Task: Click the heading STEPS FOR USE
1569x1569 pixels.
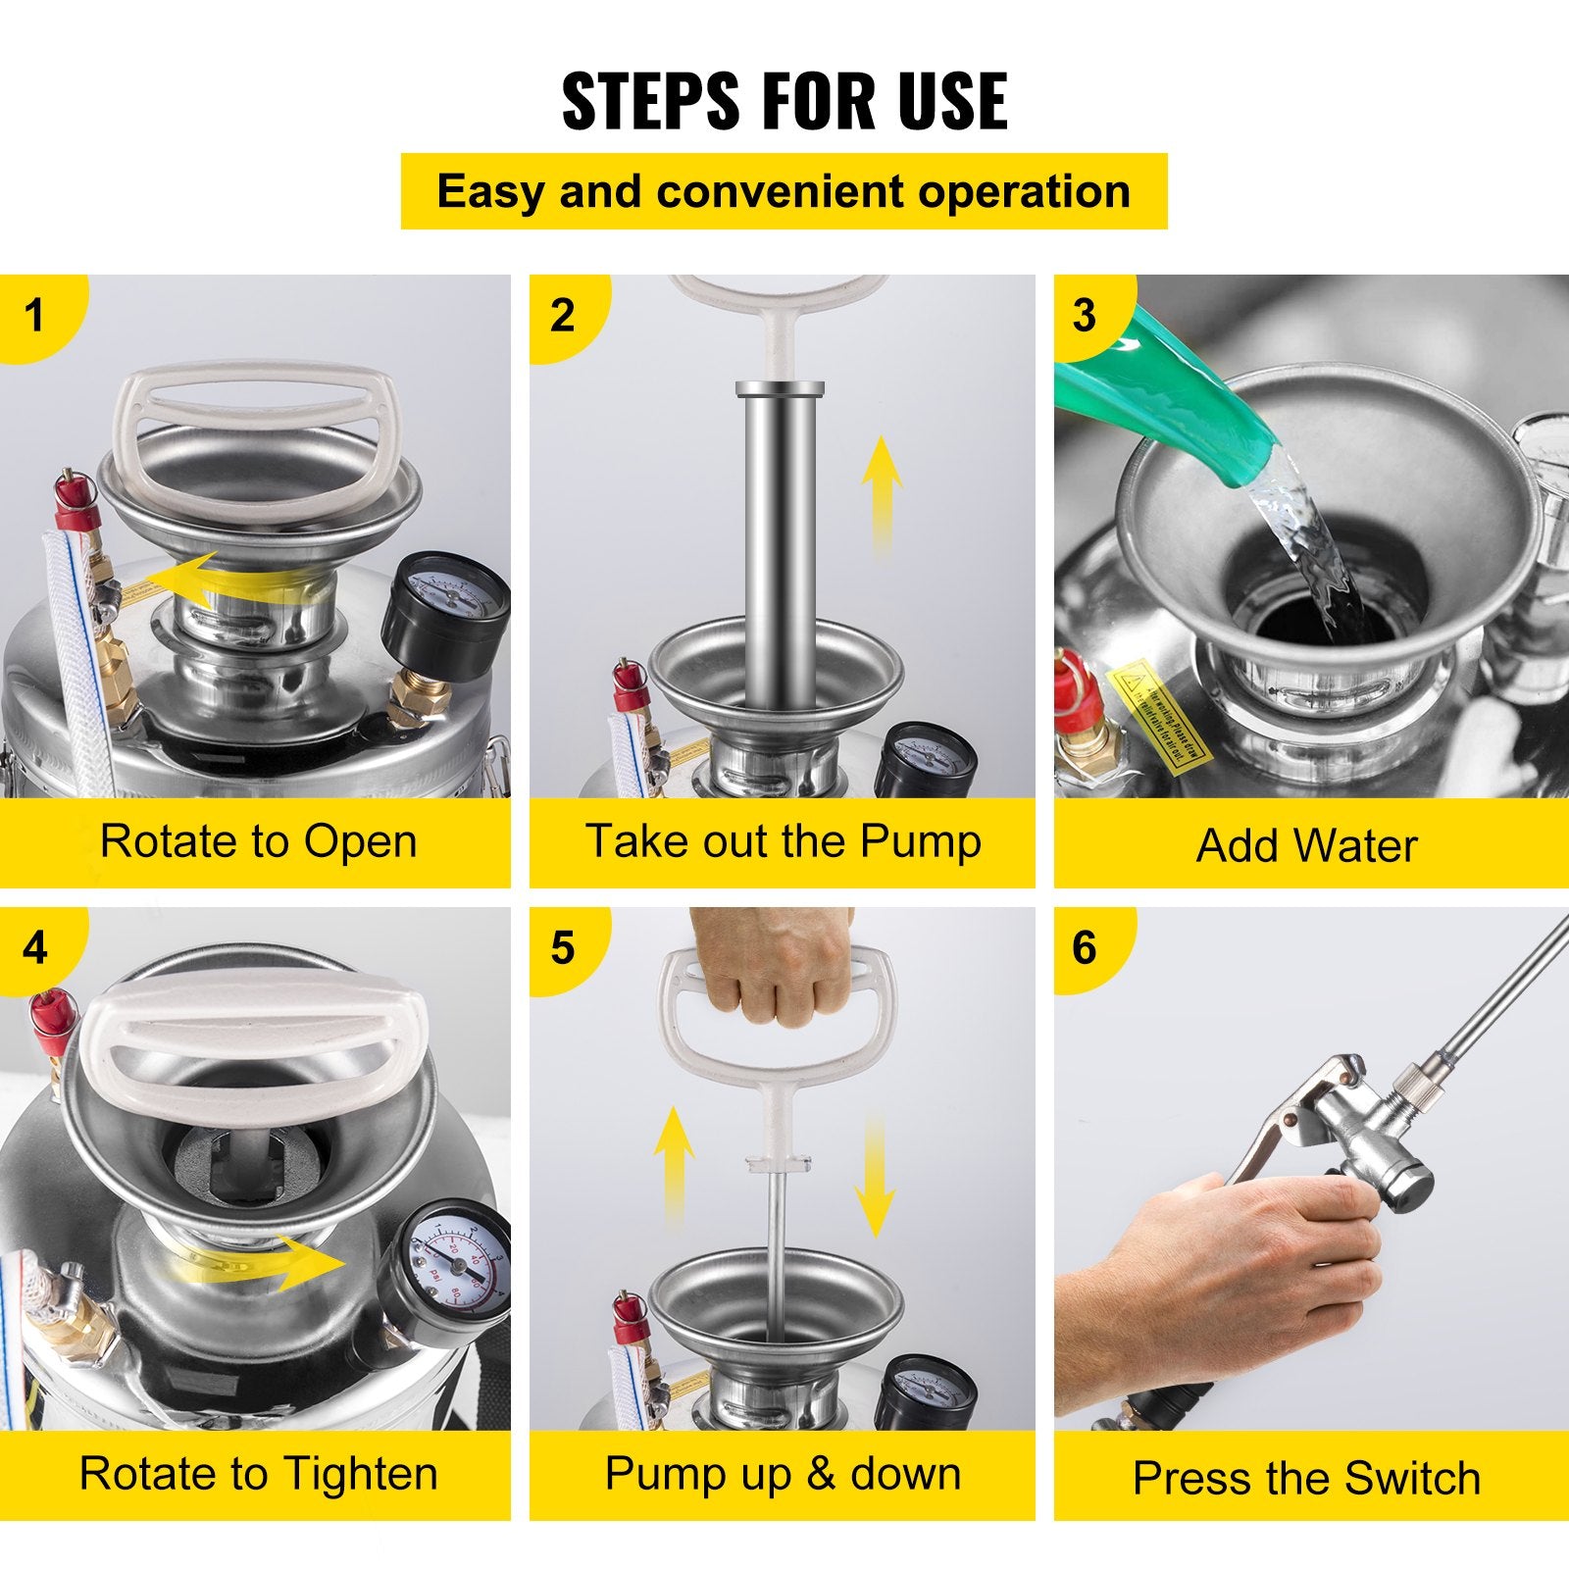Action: tap(784, 101)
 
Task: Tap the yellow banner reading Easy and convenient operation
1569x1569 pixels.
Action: tap(784, 191)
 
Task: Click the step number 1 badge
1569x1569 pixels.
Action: tap(35, 316)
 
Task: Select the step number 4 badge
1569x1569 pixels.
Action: tap(35, 948)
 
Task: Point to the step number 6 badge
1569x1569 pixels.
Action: tap(1084, 947)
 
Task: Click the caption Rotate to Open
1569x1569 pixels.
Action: tap(258, 842)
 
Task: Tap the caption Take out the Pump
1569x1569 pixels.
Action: tap(783, 841)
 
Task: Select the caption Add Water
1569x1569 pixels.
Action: tap(1306, 845)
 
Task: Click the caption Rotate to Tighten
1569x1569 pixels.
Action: tap(258, 1474)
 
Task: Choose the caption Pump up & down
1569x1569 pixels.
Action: tap(783, 1474)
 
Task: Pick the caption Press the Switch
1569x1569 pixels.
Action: tap(1306, 1478)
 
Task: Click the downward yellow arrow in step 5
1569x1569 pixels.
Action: tap(875, 1177)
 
